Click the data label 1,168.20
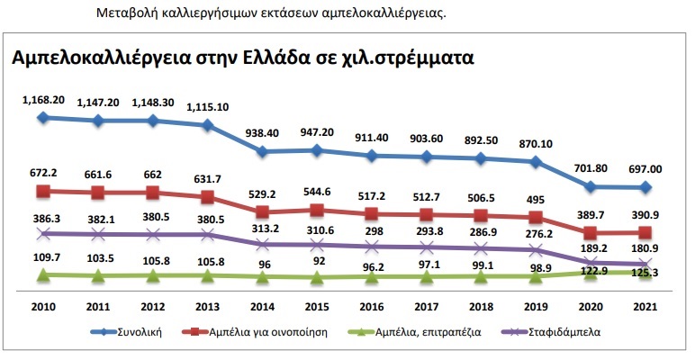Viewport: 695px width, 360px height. point(42,100)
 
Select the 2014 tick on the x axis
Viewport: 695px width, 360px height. point(263,306)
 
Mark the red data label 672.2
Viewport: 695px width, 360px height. point(42,172)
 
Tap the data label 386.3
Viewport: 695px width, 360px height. point(42,218)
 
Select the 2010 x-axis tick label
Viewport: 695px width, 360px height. point(42,306)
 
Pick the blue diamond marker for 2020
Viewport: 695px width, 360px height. point(590,187)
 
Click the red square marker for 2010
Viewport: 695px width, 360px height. point(42,191)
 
